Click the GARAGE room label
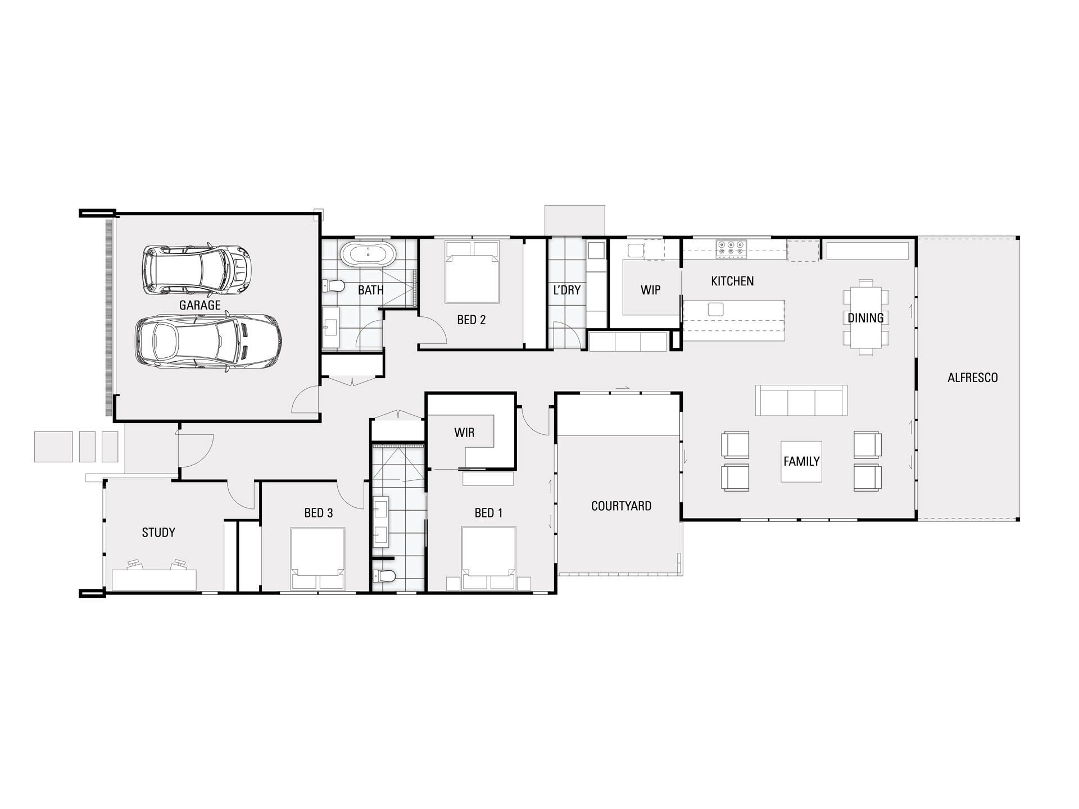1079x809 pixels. (200, 305)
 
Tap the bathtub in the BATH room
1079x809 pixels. (369, 254)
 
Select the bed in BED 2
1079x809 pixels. (472, 272)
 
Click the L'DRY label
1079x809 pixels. (566, 290)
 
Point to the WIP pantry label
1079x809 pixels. (650, 290)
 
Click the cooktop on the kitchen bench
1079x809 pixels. (731, 249)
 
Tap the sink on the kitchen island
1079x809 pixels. (715, 309)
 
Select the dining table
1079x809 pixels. (865, 317)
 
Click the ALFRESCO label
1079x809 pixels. (973, 378)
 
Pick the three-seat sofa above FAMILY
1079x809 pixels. (801, 401)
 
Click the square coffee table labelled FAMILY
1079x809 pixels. (801, 461)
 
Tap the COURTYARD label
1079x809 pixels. (621, 506)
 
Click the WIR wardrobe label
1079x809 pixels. (464, 432)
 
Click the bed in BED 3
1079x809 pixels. (318, 558)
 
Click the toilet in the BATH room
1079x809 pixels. (334, 287)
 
